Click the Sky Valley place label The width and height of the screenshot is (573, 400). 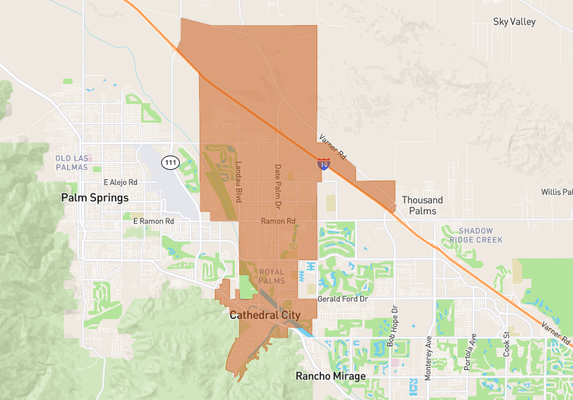514,22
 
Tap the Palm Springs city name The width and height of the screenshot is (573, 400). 95,197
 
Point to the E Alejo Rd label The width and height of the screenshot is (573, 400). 120,182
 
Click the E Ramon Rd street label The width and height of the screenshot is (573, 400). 153,222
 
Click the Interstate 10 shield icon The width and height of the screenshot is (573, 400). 324,164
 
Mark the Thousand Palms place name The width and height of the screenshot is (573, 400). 423,206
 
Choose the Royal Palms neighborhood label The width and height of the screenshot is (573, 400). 271,276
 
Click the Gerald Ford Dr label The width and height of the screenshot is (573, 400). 342,298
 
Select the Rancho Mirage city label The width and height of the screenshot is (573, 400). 331,376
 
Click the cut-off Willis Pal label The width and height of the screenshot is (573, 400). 557,192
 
